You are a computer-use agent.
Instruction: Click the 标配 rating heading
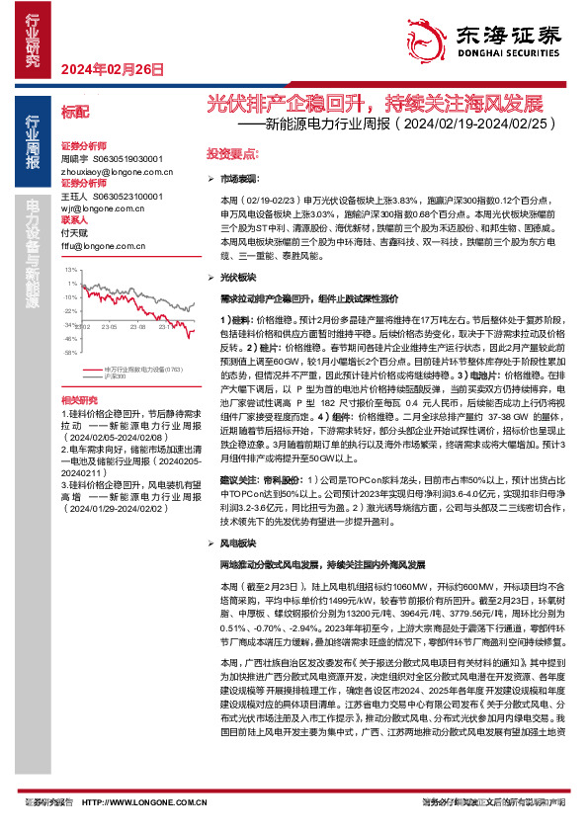pos(75,112)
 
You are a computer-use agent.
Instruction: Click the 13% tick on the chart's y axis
pos(70,269)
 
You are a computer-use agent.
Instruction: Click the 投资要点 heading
pos(232,155)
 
